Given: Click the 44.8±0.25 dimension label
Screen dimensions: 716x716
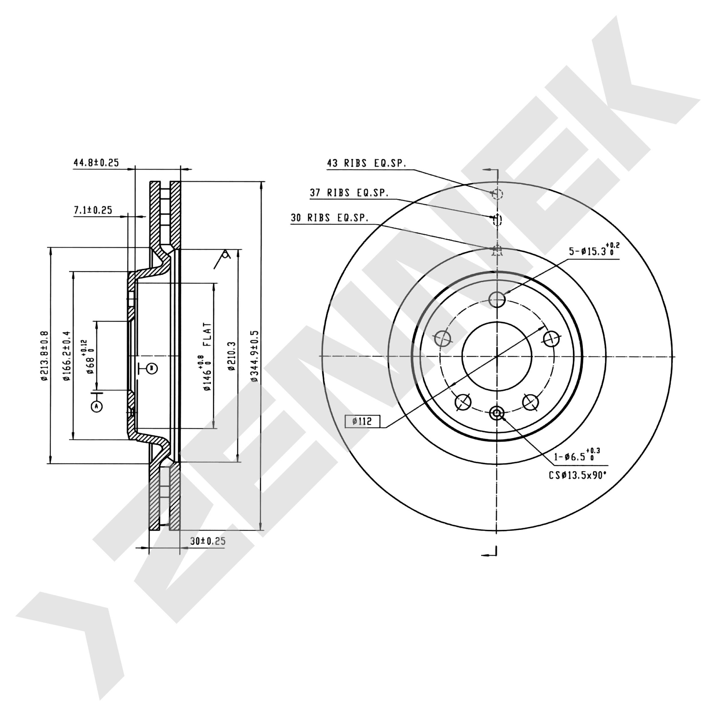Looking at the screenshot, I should coord(96,163).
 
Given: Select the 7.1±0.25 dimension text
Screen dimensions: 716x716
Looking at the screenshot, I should coord(93,210).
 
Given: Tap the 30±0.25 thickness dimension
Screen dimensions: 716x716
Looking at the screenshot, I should coord(208,541).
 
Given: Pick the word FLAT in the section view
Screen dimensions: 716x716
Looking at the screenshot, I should coord(208,334).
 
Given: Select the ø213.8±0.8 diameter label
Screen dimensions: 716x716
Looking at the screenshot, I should coord(44,356).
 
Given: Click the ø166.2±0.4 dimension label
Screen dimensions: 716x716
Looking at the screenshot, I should coord(67,356).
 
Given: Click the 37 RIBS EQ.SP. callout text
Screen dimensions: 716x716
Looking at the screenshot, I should coord(349,193).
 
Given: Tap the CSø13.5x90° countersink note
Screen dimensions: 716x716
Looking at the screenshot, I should coord(577,475).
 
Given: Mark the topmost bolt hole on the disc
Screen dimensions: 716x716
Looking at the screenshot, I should coord(497,299).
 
